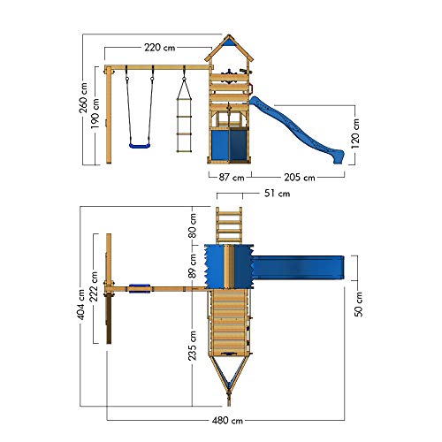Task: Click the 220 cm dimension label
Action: pos(160,48)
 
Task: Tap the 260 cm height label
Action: pos(83,97)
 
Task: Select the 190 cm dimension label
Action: pos(95,113)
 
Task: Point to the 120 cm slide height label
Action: pos(355,133)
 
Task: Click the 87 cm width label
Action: pos(232,178)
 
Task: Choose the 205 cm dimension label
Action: pos(300,178)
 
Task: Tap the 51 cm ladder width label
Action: pos(277,194)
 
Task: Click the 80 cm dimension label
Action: pos(193,225)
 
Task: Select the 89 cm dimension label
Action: pos(193,266)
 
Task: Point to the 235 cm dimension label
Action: pos(193,346)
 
